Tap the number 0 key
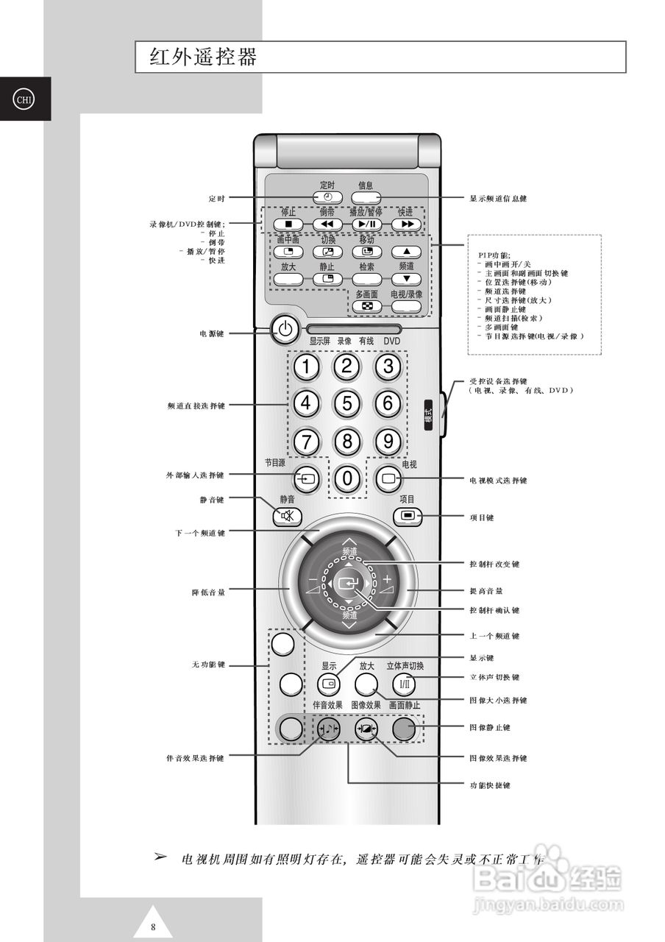(x=347, y=478)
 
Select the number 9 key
(x=388, y=442)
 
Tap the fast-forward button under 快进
(x=405, y=224)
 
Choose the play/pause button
(x=366, y=224)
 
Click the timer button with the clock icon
(x=327, y=197)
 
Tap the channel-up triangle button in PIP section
(x=406, y=252)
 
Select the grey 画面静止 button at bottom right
(x=405, y=729)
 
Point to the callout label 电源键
(x=212, y=333)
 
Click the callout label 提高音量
(x=487, y=591)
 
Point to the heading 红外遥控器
(x=203, y=57)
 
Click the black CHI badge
(x=24, y=99)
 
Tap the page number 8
(x=153, y=926)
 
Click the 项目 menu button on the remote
(x=407, y=517)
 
